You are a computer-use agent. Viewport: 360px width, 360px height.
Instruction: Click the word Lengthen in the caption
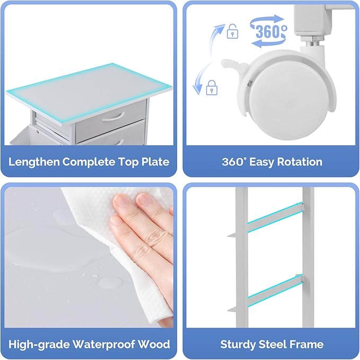coord(34,162)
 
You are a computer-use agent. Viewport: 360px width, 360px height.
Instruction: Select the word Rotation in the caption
coord(300,162)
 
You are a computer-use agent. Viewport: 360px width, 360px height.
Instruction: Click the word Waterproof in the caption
coord(104,345)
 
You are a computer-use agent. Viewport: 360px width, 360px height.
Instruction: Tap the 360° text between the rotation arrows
coord(271,31)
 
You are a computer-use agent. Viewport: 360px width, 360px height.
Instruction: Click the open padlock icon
coord(232,31)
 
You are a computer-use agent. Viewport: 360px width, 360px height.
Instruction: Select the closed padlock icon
coord(212,87)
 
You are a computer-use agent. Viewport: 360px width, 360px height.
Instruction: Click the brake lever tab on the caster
coord(233,65)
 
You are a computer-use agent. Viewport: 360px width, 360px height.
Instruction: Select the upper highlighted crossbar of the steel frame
coord(275,217)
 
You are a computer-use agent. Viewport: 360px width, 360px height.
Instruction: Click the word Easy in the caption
coord(262,162)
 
